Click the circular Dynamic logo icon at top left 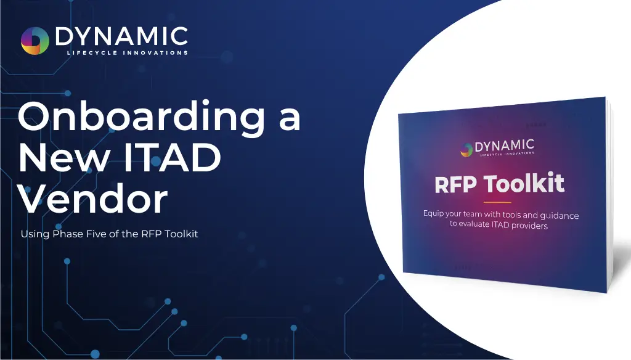pyautogui.click(x=35, y=41)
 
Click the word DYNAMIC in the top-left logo pyautogui.click(x=121, y=36)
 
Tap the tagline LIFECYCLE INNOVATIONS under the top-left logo pyautogui.click(x=127, y=53)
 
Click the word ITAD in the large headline pyautogui.click(x=173, y=157)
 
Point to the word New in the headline pyautogui.click(x=63, y=157)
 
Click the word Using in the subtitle pyautogui.click(x=35, y=234)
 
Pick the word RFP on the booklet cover pyautogui.click(x=456, y=185)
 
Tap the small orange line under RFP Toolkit pyautogui.click(x=497, y=202)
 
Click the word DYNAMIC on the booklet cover pyautogui.click(x=505, y=145)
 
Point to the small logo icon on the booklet pyautogui.click(x=466, y=150)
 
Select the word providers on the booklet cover pyautogui.click(x=529, y=226)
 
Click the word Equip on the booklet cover pyautogui.click(x=433, y=213)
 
